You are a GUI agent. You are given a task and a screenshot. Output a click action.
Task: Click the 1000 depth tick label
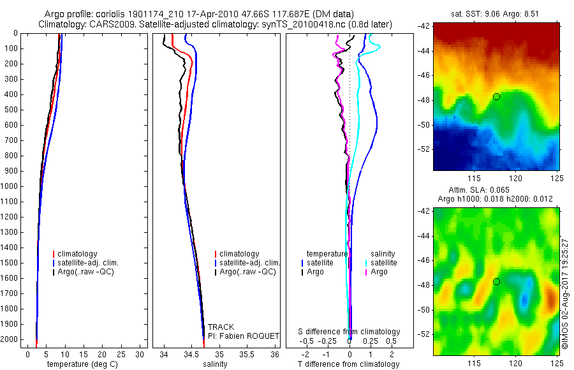(10, 186)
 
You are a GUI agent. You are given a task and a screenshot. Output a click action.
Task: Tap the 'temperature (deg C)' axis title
(80, 364)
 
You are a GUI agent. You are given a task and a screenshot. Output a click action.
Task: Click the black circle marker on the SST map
(496, 96)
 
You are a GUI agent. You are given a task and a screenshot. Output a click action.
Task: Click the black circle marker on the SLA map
(496, 281)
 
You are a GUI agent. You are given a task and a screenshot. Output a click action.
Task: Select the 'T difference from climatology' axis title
(349, 364)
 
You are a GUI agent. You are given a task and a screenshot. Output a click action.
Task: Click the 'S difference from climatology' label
(350, 332)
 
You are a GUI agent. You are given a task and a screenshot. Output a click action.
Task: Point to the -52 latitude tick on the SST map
(423, 149)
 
